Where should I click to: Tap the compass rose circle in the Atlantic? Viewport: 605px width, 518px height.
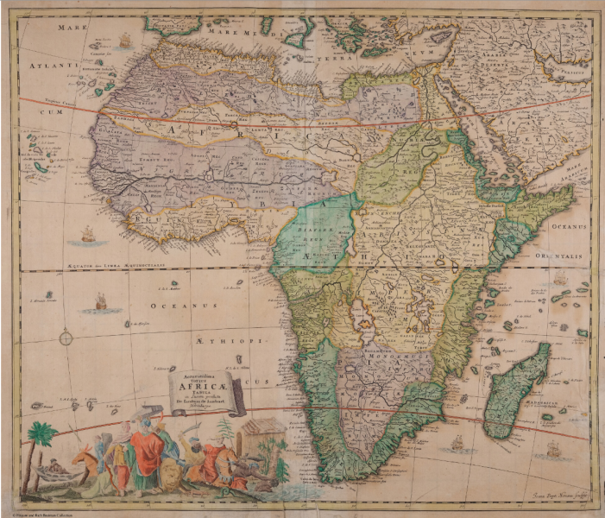[x=66, y=338]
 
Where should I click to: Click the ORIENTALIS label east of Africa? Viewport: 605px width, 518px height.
[x=564, y=256]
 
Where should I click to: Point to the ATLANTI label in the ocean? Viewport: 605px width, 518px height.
[x=50, y=64]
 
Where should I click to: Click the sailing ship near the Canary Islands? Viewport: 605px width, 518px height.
[x=125, y=41]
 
